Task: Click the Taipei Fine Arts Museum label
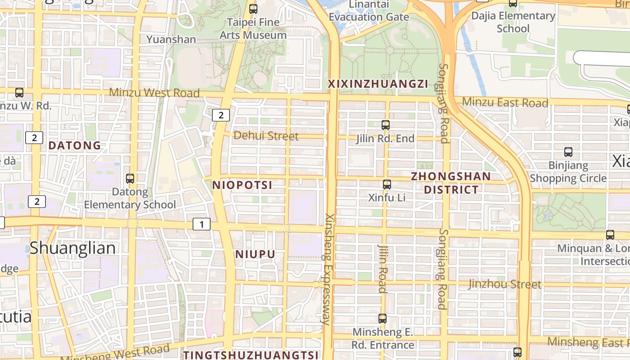[x=253, y=28]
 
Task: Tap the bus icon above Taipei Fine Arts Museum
[x=253, y=9]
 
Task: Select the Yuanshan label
[x=171, y=39]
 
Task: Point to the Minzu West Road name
[x=154, y=93]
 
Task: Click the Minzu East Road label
[x=505, y=102]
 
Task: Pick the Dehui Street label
[x=266, y=135]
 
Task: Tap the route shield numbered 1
[x=202, y=224]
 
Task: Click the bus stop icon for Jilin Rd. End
[x=386, y=125]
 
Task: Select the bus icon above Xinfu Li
[x=387, y=184]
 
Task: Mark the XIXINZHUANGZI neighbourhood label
[x=378, y=84]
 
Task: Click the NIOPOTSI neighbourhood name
[x=242, y=185]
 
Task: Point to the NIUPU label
[x=255, y=254]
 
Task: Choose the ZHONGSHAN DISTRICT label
[x=451, y=183]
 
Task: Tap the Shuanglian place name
[x=73, y=248]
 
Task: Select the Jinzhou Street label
[x=504, y=284]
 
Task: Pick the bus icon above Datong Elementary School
[x=130, y=178]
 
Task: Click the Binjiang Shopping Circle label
[x=568, y=172]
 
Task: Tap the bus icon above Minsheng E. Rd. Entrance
[x=382, y=319]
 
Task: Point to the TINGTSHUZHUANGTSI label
[x=251, y=355]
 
